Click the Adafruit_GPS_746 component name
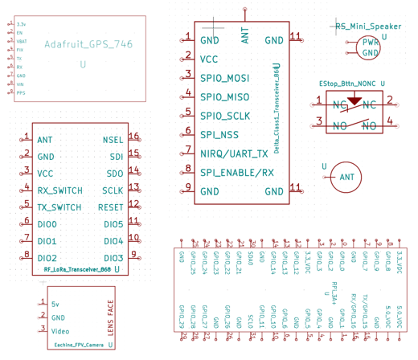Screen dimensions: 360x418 coord(88,44)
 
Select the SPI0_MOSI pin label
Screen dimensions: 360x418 coord(225,78)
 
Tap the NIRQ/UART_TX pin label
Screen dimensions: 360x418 coord(234,153)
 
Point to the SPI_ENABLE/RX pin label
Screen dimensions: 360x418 coord(237,173)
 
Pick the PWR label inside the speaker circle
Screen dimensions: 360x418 coord(370,43)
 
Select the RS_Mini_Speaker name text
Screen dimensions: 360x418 coord(368,27)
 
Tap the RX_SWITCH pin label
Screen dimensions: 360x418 coord(59,190)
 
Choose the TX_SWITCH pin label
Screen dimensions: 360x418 coord(59,207)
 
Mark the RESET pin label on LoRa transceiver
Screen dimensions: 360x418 coord(111,207)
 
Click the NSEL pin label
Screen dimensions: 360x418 coord(113,140)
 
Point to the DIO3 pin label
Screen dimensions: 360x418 coord(113,258)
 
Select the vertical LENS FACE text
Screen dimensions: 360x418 coord(110,317)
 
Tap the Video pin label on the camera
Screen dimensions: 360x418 coord(60,330)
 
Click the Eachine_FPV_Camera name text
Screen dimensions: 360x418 coord(79,345)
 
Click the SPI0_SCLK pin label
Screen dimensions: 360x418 coord(225,116)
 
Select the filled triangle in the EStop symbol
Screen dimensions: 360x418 coord(353,103)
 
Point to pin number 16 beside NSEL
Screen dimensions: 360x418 coord(134,137)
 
